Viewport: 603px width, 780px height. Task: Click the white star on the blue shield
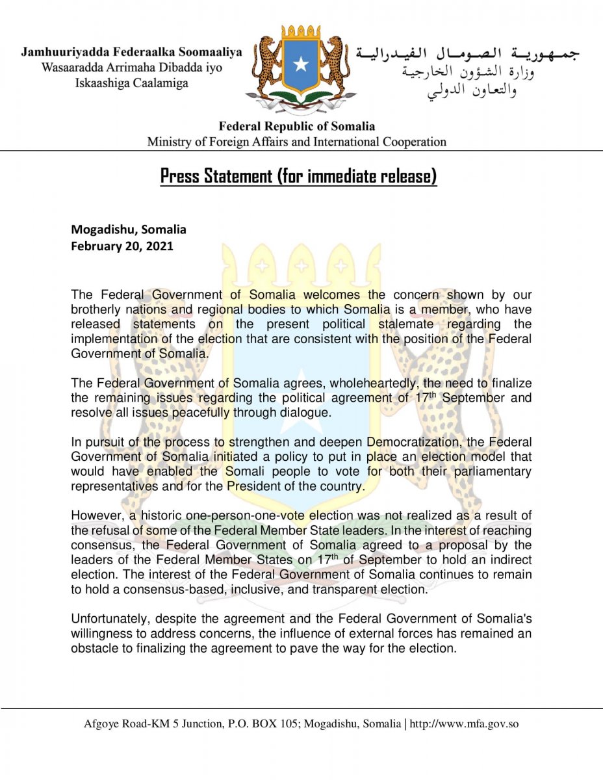[301, 64]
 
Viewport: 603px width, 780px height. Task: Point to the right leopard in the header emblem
[336, 65]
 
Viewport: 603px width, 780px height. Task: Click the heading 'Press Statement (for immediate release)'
[298, 176]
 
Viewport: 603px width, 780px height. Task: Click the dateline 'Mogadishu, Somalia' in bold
[129, 229]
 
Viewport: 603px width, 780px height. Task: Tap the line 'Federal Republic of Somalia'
[296, 126]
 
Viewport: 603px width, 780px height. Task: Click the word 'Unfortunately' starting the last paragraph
[105, 619]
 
